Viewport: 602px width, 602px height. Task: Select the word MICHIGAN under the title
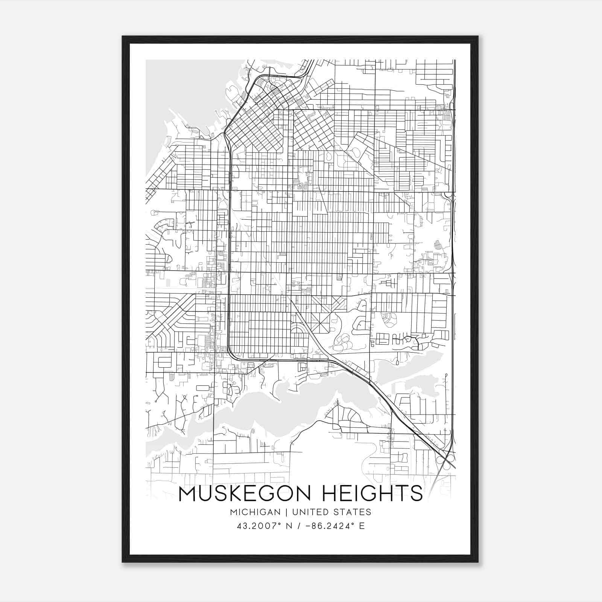(x=255, y=512)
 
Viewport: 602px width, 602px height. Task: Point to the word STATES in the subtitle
(x=352, y=512)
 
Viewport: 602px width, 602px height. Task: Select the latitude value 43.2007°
(x=260, y=526)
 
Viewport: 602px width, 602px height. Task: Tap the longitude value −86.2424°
(x=327, y=526)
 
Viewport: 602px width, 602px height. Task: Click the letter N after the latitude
(x=289, y=526)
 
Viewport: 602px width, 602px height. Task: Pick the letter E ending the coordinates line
(x=362, y=526)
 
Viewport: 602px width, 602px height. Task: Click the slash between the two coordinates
(x=299, y=526)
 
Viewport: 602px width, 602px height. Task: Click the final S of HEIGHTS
(x=417, y=494)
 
